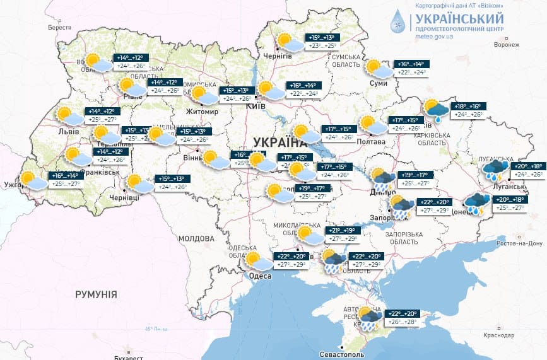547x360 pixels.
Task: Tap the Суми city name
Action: pyautogui.click(x=379, y=83)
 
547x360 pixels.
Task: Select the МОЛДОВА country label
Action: pyautogui.click(x=196, y=239)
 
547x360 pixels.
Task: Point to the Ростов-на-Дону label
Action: pyautogui.click(x=519, y=243)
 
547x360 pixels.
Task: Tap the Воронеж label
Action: pyautogui.click(x=507, y=45)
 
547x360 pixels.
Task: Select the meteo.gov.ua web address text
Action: pyautogui.click(x=435, y=37)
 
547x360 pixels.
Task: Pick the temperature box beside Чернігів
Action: pyautogui.click(x=320, y=42)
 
